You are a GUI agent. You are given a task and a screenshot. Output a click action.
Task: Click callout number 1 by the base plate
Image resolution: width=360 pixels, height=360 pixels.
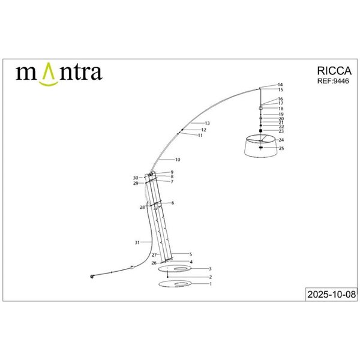pos(211,284)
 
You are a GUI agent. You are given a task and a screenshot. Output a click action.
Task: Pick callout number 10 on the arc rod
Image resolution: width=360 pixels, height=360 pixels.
pos(178,160)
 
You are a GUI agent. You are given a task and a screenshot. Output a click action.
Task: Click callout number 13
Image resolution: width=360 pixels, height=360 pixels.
pos(207,123)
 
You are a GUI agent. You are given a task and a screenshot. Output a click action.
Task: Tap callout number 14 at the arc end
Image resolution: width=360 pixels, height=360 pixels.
pos(280,85)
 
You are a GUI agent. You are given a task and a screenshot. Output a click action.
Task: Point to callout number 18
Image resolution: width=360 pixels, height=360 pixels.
pos(281,109)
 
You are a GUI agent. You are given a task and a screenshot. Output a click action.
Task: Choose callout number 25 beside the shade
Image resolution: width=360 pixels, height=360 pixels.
pos(281,148)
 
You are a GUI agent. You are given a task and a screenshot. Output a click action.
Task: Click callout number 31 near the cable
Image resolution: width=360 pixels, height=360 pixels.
pos(137,242)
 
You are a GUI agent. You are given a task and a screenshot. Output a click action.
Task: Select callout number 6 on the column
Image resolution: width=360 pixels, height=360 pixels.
pos(172,203)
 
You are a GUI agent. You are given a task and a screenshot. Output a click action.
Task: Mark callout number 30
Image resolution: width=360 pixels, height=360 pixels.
pos(136,178)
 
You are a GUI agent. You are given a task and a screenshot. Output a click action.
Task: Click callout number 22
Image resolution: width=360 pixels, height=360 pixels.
pos(281,127)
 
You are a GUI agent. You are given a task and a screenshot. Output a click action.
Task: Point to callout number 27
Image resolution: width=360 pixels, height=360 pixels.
pos(154,255)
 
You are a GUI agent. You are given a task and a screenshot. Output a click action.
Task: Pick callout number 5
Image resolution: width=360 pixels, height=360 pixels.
pos(190,254)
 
